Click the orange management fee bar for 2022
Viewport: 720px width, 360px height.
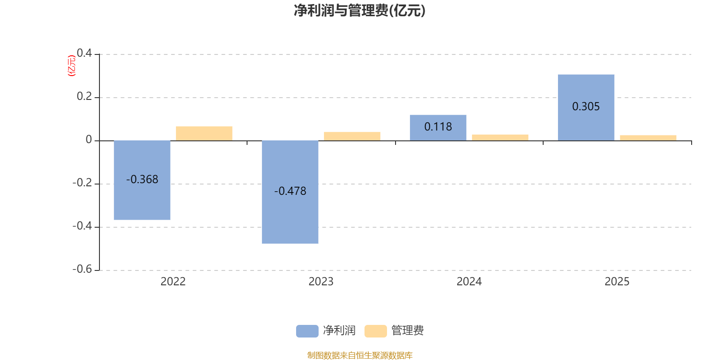click(204, 133)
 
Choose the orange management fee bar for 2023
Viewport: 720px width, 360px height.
click(352, 136)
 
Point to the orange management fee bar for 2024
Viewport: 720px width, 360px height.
click(500, 137)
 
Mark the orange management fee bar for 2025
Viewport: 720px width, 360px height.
click(648, 138)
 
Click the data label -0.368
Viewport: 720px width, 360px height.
click(142, 180)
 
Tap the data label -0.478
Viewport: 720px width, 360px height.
click(290, 191)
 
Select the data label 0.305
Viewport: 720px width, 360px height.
click(586, 107)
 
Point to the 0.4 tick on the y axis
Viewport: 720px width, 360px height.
click(85, 53)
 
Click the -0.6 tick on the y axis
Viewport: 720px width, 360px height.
click(82, 269)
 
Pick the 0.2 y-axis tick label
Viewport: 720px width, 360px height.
click(85, 96)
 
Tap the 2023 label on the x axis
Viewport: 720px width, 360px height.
click(321, 282)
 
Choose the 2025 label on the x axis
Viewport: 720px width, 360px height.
click(617, 282)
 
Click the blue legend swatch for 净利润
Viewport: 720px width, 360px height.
click(307, 331)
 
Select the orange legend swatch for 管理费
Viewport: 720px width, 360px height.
click(375, 331)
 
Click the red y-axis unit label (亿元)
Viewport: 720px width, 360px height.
click(71, 66)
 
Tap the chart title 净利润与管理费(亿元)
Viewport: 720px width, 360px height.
click(360, 10)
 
